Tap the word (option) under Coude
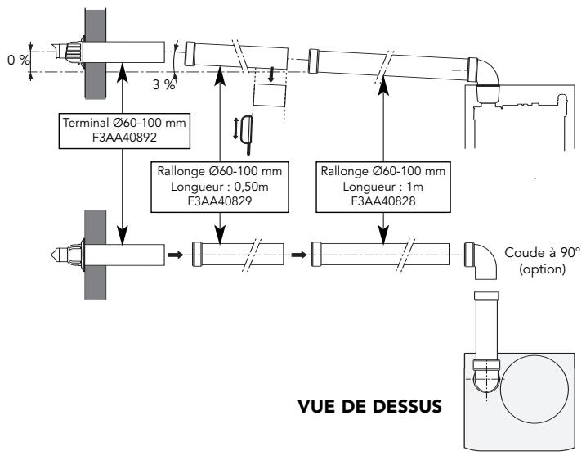(x=543, y=268)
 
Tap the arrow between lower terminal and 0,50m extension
(x=174, y=252)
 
